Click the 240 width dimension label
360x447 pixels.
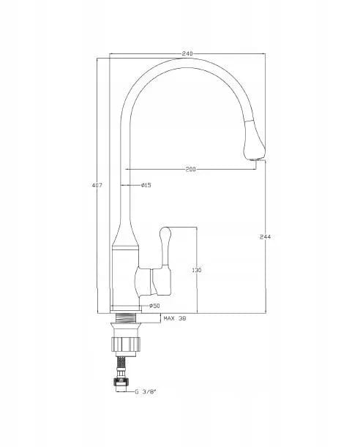tap(187, 53)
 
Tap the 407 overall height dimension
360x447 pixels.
tap(97, 185)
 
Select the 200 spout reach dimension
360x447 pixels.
tap(191, 169)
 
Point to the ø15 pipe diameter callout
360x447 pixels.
tap(146, 185)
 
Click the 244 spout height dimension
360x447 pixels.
tap(265, 236)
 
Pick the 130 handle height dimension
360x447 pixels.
tap(197, 270)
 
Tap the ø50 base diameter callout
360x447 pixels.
tap(155, 306)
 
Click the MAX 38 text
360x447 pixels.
tap(175, 318)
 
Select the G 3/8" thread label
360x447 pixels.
tap(146, 391)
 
